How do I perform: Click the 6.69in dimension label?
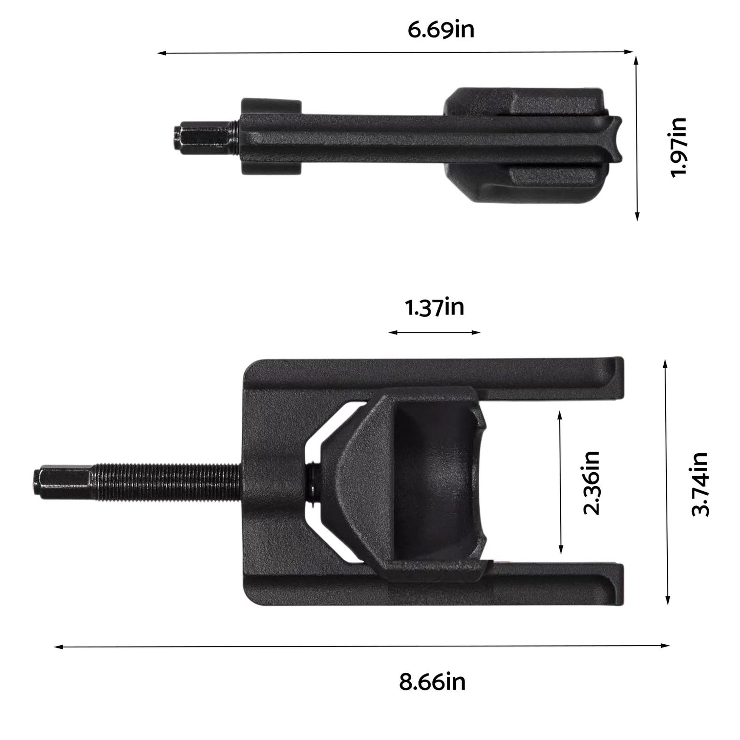(440, 29)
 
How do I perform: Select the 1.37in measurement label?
(434, 308)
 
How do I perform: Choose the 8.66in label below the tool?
(432, 682)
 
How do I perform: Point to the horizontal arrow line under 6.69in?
(394, 52)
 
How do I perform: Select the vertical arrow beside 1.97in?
(637, 138)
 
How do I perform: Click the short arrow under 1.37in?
(434, 332)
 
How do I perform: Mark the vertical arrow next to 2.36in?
(561, 484)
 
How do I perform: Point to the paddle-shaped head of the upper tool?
(522, 146)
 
